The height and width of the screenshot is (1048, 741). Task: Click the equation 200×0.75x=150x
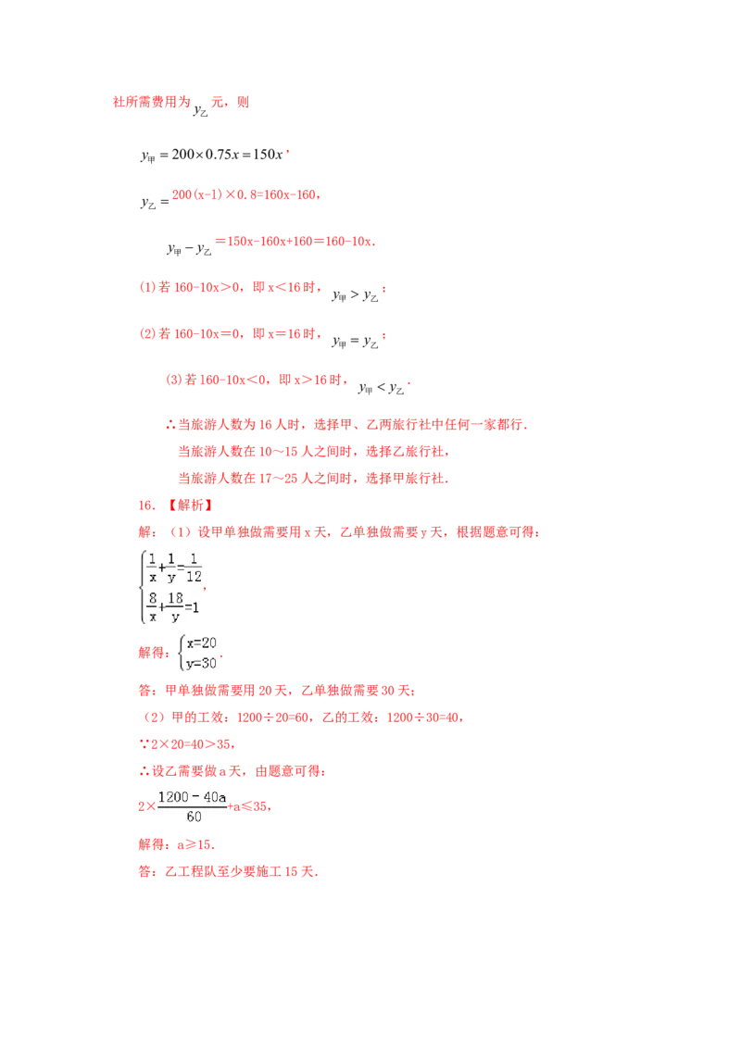click(227, 155)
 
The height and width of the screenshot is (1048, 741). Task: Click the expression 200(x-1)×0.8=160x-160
click(245, 194)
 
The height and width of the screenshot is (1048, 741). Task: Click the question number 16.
click(146, 505)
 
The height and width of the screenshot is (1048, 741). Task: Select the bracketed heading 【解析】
click(191, 505)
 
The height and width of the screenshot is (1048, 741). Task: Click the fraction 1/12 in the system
click(194, 568)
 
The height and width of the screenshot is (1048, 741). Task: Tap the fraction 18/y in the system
click(175, 607)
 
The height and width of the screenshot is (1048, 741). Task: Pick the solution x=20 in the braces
click(201, 643)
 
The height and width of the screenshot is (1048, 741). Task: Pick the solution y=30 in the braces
click(201, 663)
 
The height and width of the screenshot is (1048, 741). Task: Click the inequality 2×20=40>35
click(192, 744)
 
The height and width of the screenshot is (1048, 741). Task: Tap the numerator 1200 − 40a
click(192, 797)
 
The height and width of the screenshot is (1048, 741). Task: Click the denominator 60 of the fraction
click(194, 816)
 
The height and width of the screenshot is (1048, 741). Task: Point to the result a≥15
click(195, 845)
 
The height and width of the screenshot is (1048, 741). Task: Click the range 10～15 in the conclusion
click(278, 452)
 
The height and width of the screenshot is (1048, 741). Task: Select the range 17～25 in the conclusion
click(278, 479)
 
